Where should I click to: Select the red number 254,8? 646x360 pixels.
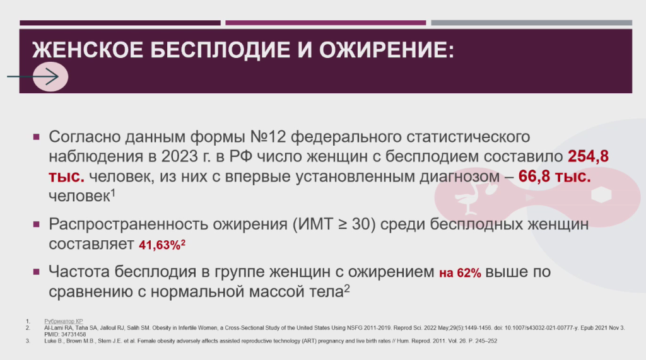[x=588, y=156]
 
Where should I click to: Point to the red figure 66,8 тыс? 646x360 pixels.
[x=555, y=176]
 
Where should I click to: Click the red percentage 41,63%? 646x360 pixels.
[x=160, y=245]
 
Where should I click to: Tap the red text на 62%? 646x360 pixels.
[x=460, y=272]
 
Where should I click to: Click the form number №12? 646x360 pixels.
[x=267, y=136]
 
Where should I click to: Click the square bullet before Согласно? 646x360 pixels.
[x=36, y=137]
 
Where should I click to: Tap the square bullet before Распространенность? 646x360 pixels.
[x=36, y=224]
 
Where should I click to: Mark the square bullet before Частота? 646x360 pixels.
[x=36, y=272]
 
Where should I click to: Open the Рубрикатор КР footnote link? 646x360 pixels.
[x=64, y=322]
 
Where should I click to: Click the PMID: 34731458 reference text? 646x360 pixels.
[x=65, y=334]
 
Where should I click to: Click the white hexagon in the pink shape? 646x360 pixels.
[x=601, y=195]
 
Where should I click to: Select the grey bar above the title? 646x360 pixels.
[x=531, y=23]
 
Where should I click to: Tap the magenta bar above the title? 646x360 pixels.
[x=326, y=23]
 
